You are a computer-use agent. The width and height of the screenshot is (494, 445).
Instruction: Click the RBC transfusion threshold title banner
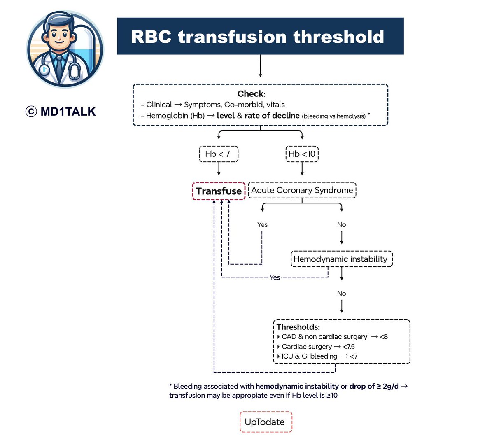[x=260, y=36]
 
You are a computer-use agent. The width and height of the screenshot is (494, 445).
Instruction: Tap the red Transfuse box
[x=219, y=191]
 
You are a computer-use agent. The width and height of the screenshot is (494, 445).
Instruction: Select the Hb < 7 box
[x=218, y=154]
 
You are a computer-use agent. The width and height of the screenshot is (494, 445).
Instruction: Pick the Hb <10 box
[x=302, y=154]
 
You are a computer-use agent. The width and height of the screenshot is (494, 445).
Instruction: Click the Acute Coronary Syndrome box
[x=302, y=190]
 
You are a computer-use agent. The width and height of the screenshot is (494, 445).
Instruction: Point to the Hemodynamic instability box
[x=341, y=259]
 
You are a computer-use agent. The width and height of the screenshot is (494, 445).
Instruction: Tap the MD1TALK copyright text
[x=61, y=112]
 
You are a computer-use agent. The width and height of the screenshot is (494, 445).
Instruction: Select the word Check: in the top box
[x=251, y=94]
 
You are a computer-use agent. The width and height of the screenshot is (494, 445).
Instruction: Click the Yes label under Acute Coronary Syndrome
[x=262, y=224]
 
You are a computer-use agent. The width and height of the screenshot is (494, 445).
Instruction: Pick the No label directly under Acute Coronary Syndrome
[x=341, y=224]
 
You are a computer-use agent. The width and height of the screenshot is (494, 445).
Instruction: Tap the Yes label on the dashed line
[x=275, y=277]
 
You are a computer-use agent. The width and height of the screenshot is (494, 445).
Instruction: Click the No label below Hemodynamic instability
[x=341, y=294]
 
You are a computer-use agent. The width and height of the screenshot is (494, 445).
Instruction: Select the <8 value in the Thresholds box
[x=383, y=337]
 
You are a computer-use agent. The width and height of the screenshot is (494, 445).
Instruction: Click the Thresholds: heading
[x=298, y=327]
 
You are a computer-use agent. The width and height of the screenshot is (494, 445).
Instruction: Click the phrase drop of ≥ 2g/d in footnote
[x=374, y=386]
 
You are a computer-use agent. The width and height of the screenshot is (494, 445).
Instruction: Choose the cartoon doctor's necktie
[x=60, y=64]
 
